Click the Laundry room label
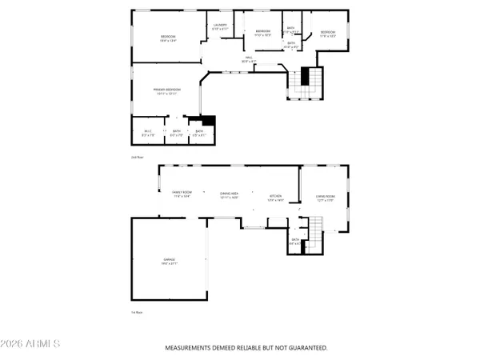(221, 26)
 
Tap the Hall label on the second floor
(250, 58)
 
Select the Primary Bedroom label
(167, 90)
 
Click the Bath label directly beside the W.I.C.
(177, 132)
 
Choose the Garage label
(170, 261)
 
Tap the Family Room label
(182, 194)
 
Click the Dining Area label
(230, 194)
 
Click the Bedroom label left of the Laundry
(168, 38)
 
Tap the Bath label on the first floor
(294, 241)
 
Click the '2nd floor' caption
(136, 158)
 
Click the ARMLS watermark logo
(31, 344)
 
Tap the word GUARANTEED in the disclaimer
(306, 348)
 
